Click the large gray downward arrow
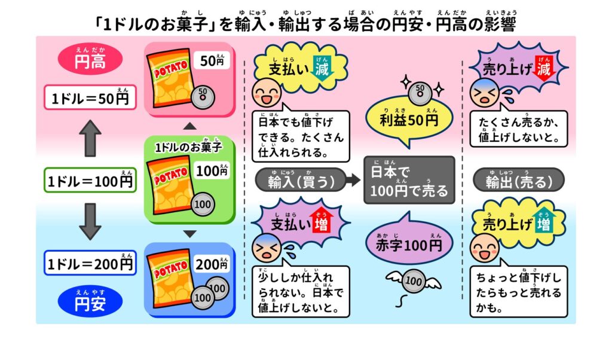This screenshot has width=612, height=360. click(x=90, y=221)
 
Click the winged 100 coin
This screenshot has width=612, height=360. click(x=411, y=280)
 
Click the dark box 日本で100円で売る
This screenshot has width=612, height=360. click(x=409, y=181)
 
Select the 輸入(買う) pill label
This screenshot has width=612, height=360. click(x=301, y=180)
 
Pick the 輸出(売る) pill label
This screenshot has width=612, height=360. click(x=518, y=180)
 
